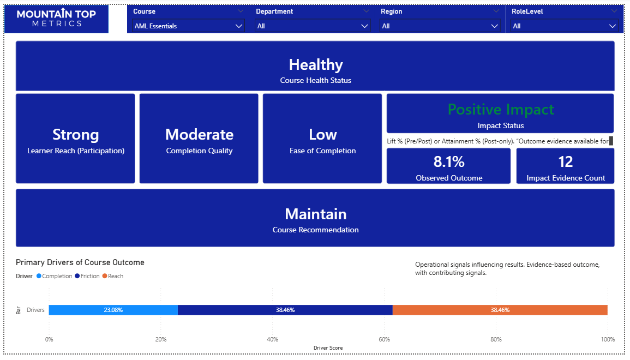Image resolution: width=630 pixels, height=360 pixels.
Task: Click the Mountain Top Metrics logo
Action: [x=56, y=19]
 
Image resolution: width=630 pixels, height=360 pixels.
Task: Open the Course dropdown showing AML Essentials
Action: [x=188, y=26]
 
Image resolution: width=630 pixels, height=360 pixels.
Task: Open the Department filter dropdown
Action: [x=313, y=26]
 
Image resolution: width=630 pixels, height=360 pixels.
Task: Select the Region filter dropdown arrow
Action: [x=495, y=26]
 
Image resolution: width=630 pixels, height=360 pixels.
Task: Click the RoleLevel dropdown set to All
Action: [x=564, y=26]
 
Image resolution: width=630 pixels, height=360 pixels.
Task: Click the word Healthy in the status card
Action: [x=316, y=65]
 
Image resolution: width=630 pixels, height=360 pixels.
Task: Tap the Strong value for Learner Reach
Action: [x=75, y=135]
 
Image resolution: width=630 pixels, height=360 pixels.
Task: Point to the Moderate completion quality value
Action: [x=199, y=135]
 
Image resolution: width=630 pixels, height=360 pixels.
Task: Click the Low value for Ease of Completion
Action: [x=322, y=135]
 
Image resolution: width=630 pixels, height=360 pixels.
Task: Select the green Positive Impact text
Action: [x=501, y=109]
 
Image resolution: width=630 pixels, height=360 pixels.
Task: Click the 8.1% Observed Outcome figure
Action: [x=449, y=161]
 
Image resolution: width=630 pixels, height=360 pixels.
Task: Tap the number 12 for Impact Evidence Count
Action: [x=565, y=161]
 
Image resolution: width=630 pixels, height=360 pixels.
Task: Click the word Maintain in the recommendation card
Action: [x=316, y=214]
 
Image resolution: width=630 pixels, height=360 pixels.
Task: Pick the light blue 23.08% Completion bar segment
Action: [x=113, y=310]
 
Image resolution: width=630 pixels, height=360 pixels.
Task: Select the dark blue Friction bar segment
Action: [x=285, y=310]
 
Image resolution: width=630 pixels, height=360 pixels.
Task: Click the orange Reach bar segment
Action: [x=500, y=310]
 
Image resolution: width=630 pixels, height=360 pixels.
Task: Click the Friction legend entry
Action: [x=87, y=276]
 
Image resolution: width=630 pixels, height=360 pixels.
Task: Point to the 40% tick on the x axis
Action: [x=272, y=339]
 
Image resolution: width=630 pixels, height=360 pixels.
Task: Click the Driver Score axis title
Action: [x=328, y=348]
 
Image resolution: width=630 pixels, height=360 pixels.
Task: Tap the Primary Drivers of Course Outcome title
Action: [x=80, y=262]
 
